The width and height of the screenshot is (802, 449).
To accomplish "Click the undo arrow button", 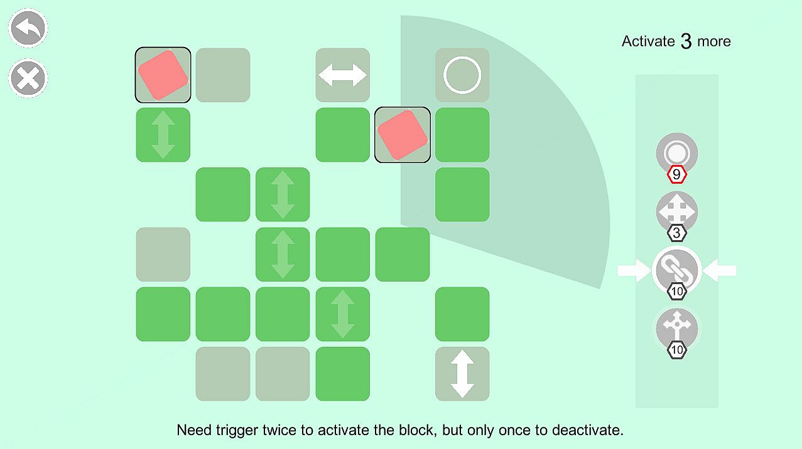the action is pyautogui.click(x=28, y=28).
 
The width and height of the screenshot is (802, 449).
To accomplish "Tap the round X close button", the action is pyautogui.click(x=28, y=78).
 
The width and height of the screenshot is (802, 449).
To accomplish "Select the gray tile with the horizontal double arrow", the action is pyautogui.click(x=343, y=75).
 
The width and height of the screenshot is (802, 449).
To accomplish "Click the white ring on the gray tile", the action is pyautogui.click(x=462, y=75).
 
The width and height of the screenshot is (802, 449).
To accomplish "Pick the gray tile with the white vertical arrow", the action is pyautogui.click(x=462, y=374).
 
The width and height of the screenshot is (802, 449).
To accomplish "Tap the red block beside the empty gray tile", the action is pyautogui.click(x=163, y=75).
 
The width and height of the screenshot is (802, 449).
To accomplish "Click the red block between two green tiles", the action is pyautogui.click(x=403, y=135).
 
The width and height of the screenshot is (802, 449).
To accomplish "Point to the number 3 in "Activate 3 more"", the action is pyautogui.click(x=686, y=41).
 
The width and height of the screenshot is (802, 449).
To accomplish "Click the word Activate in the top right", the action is pyautogui.click(x=648, y=41).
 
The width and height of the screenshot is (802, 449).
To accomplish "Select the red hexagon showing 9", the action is pyautogui.click(x=676, y=174).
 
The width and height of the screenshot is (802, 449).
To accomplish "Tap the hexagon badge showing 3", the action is pyautogui.click(x=676, y=233).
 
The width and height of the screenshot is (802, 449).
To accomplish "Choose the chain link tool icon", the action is pyautogui.click(x=676, y=269).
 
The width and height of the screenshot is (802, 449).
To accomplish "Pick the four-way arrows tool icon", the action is pyautogui.click(x=676, y=211).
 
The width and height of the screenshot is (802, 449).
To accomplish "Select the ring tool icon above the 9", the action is pyautogui.click(x=676, y=152).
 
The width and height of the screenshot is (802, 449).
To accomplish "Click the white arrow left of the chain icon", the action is pyautogui.click(x=634, y=271).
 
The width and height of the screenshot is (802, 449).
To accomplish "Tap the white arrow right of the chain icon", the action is pyautogui.click(x=720, y=271).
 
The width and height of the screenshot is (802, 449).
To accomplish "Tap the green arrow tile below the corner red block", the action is pyautogui.click(x=163, y=135).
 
